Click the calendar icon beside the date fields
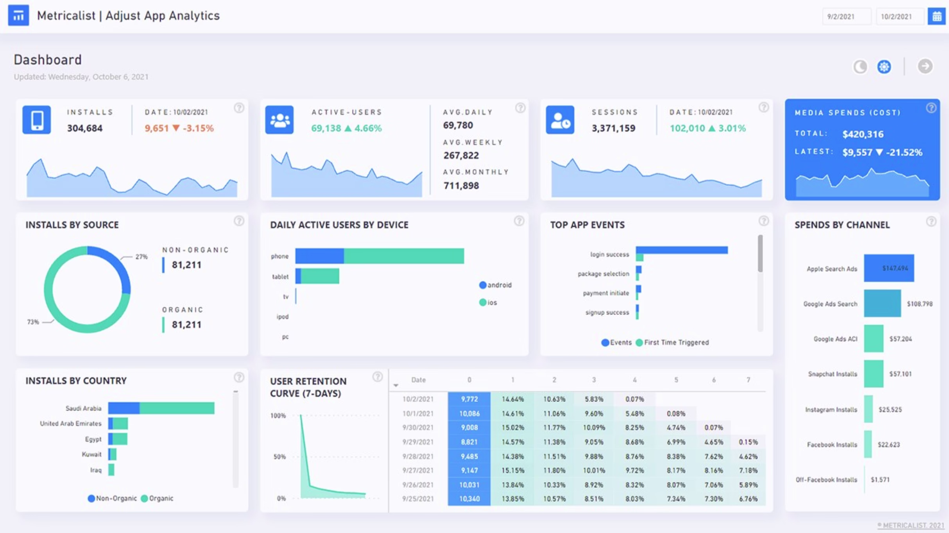click(936, 16)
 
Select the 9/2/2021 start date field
click(846, 16)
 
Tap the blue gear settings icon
click(884, 67)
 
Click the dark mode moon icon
click(860, 67)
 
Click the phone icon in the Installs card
click(36, 120)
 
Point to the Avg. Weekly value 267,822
click(461, 156)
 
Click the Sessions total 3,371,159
click(613, 128)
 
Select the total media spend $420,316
click(863, 134)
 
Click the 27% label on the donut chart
click(141, 257)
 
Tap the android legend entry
click(496, 285)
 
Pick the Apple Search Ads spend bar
click(888, 268)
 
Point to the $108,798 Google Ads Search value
click(919, 304)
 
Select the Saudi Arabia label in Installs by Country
click(83, 408)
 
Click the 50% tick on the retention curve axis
click(279, 456)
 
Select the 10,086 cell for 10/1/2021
click(469, 413)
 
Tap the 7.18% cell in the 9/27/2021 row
click(748, 470)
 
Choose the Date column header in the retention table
click(418, 380)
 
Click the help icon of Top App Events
click(763, 221)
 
